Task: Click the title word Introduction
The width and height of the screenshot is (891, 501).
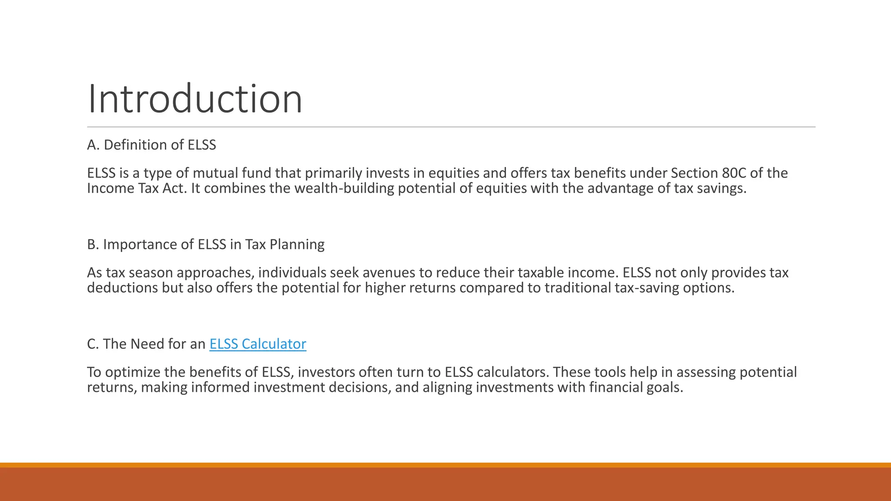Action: [x=195, y=99]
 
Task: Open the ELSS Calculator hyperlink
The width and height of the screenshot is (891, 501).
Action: [x=258, y=344]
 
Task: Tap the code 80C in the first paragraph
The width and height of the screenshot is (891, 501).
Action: [x=734, y=173]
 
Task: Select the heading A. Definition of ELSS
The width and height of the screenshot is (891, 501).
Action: [x=151, y=145]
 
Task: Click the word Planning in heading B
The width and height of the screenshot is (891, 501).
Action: [x=297, y=244]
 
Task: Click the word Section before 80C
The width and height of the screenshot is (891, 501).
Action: [x=694, y=173]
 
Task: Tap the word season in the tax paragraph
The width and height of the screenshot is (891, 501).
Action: [x=151, y=273]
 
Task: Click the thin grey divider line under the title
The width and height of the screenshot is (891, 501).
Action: [x=451, y=127]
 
